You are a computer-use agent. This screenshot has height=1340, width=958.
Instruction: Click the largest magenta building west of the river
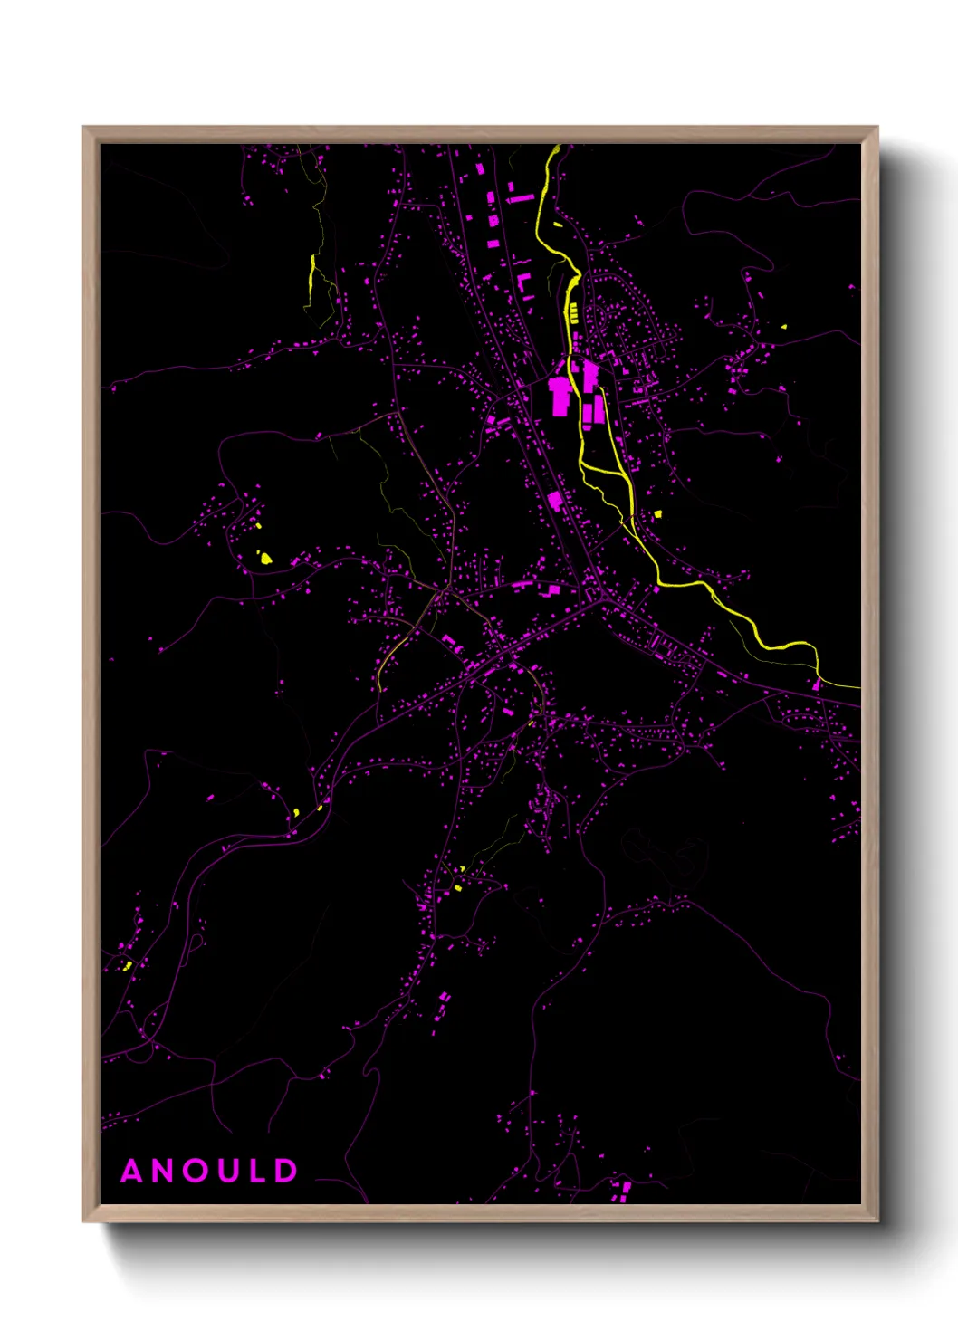560,397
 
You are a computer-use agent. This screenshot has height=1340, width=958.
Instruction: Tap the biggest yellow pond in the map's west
265,559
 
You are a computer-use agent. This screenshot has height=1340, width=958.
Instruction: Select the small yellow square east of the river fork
657,514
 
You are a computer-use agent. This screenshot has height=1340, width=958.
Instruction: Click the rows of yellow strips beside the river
573,313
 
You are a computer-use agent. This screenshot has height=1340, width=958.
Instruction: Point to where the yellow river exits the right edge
857,687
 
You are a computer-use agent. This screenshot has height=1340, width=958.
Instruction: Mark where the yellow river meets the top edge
555,147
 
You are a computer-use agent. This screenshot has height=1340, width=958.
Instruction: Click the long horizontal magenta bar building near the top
520,197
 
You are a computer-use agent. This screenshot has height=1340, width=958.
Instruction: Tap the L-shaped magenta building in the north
523,284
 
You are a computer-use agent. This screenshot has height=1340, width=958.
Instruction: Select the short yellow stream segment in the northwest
312,271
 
